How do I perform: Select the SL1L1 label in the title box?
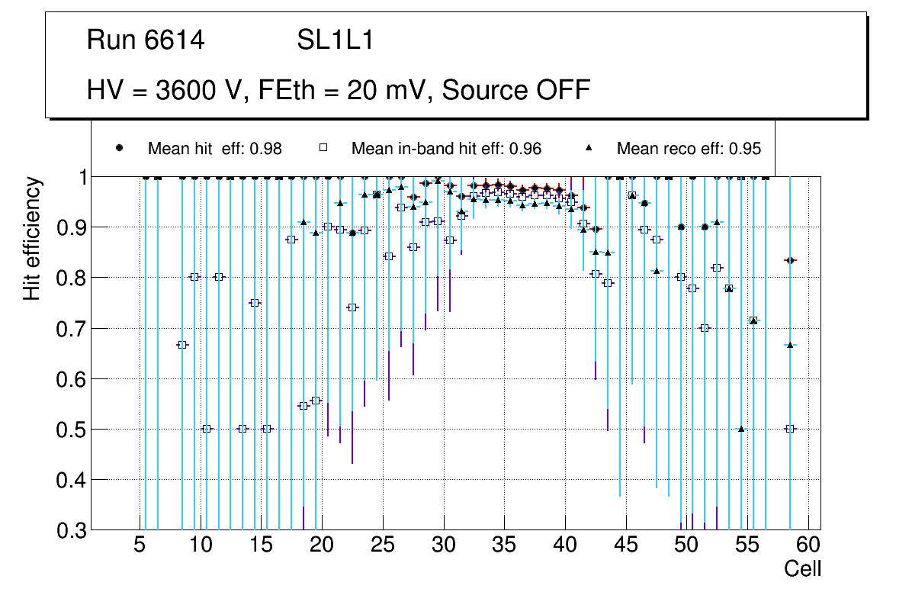click(336, 40)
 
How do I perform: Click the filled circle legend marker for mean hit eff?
click(119, 148)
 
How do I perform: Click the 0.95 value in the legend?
click(744, 149)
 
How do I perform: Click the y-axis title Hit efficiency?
click(32, 238)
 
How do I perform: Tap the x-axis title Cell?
click(803, 568)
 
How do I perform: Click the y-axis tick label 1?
click(78, 177)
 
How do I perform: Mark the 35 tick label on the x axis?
click(504, 546)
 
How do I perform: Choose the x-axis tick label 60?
click(808, 546)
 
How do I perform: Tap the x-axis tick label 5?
click(140, 546)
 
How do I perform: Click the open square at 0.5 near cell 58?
click(790, 429)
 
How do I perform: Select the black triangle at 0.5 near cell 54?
click(741, 429)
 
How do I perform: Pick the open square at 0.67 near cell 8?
click(182, 345)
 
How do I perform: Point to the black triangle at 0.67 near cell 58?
click(790, 345)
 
